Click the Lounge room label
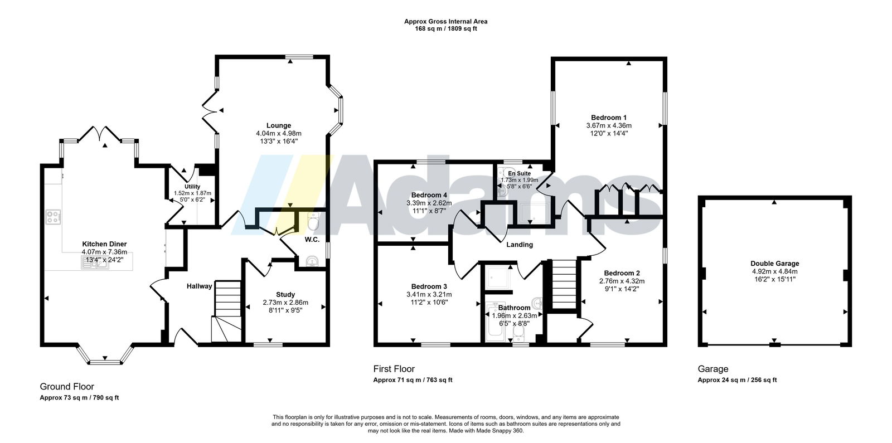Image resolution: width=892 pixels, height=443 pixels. coord(279,126)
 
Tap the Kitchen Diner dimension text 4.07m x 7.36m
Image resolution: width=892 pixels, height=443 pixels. coord(104,252)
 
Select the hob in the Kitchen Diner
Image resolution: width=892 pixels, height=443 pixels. coord(53,217)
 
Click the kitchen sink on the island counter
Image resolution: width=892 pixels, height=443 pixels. coord(95,262)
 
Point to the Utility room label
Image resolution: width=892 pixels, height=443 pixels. coord(192,187)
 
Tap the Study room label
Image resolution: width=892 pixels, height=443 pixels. coord(285,295)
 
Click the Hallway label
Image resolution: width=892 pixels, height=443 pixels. coord(200,286)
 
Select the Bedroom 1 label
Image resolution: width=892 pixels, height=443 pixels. coord(609,118)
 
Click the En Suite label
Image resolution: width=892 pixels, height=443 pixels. coord(520,173)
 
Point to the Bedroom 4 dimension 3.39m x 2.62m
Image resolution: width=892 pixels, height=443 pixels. coord(429,203)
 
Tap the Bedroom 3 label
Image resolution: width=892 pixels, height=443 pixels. coord(429,286)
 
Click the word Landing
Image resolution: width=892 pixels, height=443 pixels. coord(520,245)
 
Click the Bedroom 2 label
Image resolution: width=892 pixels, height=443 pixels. coord(622,273)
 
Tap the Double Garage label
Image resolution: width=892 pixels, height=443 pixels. coord(775,264)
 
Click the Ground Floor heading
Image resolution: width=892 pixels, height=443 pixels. coord(67,387)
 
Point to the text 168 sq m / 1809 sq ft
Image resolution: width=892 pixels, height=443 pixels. coord(446,28)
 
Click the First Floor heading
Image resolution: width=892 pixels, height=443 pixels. coord(394,369)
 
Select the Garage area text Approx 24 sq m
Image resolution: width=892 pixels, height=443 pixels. coord(721,380)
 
